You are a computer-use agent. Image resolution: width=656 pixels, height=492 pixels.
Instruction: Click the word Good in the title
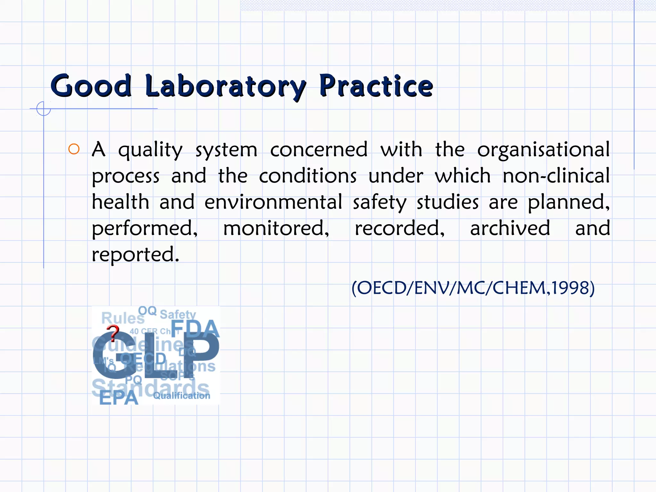(x=91, y=86)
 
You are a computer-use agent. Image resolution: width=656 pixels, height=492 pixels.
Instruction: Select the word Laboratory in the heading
(x=225, y=86)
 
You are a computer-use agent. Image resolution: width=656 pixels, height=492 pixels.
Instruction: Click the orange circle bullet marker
(x=74, y=149)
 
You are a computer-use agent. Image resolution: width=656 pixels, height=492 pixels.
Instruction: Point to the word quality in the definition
(x=150, y=150)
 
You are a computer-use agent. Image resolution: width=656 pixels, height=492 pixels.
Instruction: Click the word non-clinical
(x=556, y=176)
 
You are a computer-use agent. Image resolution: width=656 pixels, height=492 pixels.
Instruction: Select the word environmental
(x=273, y=202)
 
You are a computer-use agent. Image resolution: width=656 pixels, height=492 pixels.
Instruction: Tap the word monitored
(x=276, y=228)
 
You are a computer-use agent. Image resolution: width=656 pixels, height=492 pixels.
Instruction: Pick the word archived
(x=510, y=228)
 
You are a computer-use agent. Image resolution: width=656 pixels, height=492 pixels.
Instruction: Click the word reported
(x=135, y=255)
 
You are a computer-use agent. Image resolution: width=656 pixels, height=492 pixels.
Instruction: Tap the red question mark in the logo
(x=113, y=333)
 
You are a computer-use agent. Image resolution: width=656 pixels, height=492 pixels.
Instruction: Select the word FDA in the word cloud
(x=195, y=329)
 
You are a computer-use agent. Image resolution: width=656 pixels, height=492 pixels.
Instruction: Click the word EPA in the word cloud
(x=119, y=398)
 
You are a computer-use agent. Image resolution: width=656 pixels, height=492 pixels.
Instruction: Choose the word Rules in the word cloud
(x=123, y=318)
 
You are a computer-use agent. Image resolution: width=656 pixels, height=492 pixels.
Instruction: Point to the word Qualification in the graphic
(x=182, y=396)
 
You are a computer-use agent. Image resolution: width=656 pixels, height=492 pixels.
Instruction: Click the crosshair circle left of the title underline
(x=44, y=109)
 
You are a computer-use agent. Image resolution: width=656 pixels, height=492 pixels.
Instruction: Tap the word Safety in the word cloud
(x=178, y=314)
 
